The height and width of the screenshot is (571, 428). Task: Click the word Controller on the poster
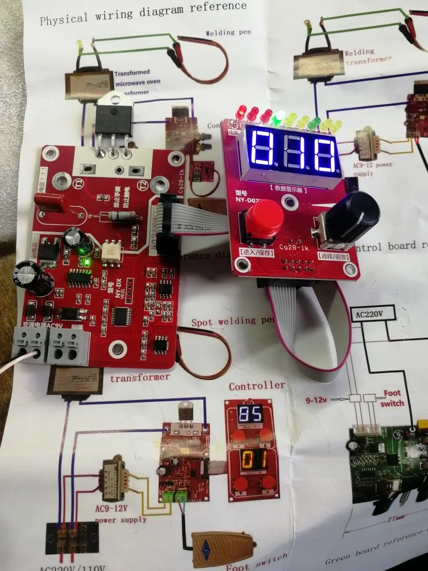pyautogui.click(x=257, y=386)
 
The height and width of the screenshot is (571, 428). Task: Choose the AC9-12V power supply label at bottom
pyautogui.click(x=120, y=515)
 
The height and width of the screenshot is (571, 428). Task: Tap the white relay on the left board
pyautogui.click(x=111, y=249)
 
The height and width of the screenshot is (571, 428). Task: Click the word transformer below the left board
pyautogui.click(x=140, y=378)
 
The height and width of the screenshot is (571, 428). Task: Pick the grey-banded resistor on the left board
pyautogui.click(x=121, y=217)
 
